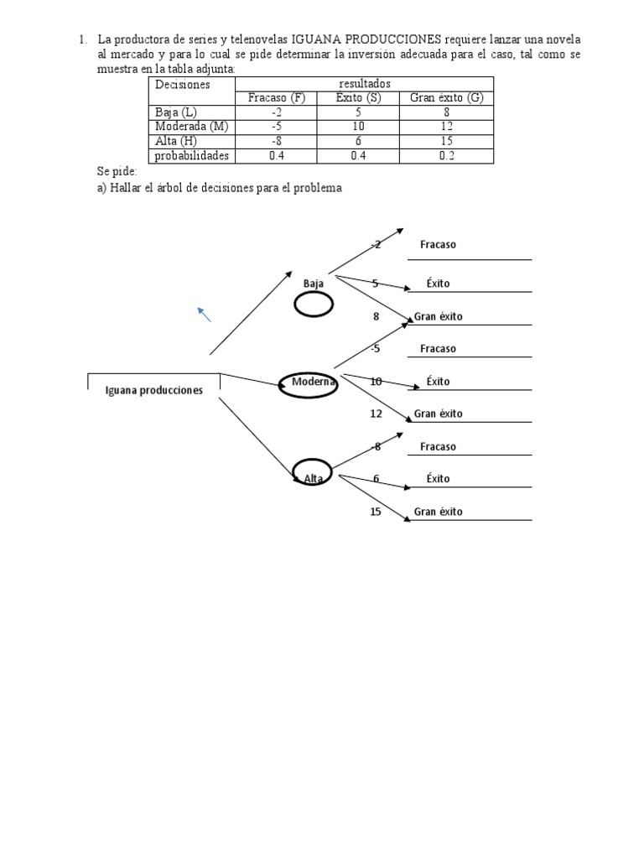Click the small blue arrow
point(205,315)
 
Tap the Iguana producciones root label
point(154,390)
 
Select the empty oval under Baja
point(314,304)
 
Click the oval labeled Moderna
point(308,385)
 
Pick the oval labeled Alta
point(313,471)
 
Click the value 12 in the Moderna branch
point(376,414)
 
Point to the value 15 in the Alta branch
point(375,512)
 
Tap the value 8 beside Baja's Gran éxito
point(376,316)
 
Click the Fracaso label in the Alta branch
point(438,446)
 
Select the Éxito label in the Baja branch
point(438,284)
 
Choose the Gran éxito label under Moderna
point(438,414)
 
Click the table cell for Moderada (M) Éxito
point(358,127)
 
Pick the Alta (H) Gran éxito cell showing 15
point(446,141)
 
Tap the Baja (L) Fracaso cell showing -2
point(276,112)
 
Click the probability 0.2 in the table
point(446,155)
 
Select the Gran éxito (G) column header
point(446,98)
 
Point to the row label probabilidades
point(192,155)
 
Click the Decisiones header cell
point(192,91)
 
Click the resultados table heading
point(365,84)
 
